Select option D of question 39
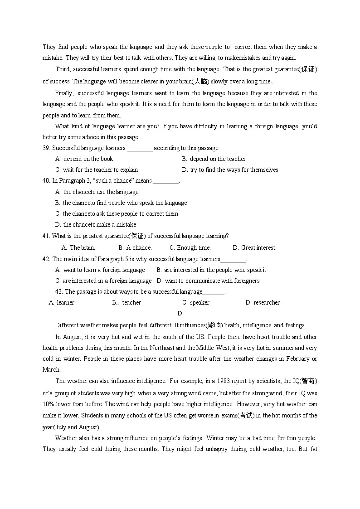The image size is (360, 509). (x=230, y=170)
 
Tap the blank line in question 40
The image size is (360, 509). (x=166, y=181)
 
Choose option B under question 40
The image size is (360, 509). (x=121, y=203)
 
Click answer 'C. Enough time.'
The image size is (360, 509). (x=190, y=248)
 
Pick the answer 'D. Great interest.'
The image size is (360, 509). (x=254, y=248)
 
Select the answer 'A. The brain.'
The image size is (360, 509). (x=78, y=248)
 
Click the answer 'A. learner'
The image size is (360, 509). (x=62, y=303)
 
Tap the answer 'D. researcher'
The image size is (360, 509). (x=263, y=303)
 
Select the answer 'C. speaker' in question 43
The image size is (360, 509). (x=196, y=303)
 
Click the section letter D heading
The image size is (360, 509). (x=180, y=314)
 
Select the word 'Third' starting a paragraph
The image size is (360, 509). (x=63, y=69)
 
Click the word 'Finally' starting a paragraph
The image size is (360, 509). (x=63, y=93)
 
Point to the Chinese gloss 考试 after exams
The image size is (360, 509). (x=247, y=416)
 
